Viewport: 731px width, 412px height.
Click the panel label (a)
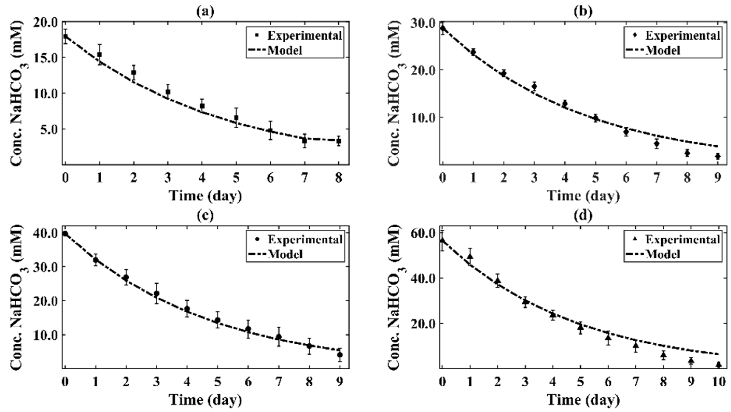point(205,12)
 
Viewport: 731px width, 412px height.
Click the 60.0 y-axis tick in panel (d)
point(423,233)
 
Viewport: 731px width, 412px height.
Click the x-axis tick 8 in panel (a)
point(339,179)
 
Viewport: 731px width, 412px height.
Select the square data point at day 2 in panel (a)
point(134,73)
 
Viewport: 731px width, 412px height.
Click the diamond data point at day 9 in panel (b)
point(718,156)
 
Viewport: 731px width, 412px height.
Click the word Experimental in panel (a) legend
point(305,36)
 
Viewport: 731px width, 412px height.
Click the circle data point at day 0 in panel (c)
point(65,233)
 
